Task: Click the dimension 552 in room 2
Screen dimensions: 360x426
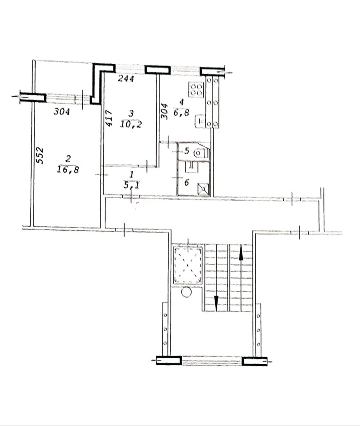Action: pyautogui.click(x=40, y=155)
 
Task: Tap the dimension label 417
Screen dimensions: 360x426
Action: pyautogui.click(x=109, y=118)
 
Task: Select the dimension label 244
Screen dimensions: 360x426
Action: pyautogui.click(x=126, y=79)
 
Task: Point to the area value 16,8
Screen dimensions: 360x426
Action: pyautogui.click(x=68, y=169)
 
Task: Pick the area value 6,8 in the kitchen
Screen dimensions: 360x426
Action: pyautogui.click(x=181, y=112)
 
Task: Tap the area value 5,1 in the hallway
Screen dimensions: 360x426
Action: pyautogui.click(x=132, y=185)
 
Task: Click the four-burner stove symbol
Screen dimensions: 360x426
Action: pyautogui.click(x=197, y=90)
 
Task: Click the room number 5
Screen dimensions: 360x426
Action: pyautogui.click(x=186, y=151)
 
